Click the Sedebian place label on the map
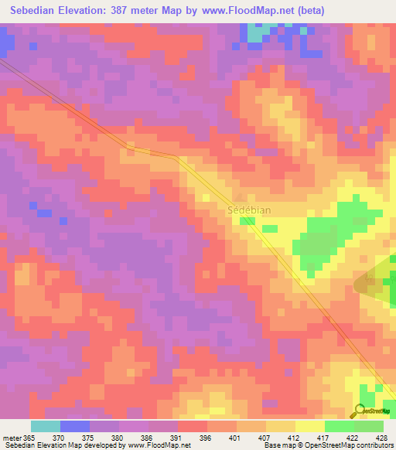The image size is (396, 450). pyautogui.click(x=248, y=210)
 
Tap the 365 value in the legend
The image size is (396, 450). pyautogui.click(x=29, y=437)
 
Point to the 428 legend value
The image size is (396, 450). pyautogui.click(x=383, y=437)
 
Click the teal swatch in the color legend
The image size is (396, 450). pyautogui.click(x=46, y=426)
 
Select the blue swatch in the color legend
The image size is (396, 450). pyautogui.click(x=75, y=426)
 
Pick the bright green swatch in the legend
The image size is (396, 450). pyautogui.click(x=340, y=426)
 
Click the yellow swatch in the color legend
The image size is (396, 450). pyautogui.click(x=310, y=426)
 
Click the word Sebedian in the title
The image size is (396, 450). pyautogui.click(x=36, y=10)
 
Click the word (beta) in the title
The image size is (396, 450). pyautogui.click(x=319, y=10)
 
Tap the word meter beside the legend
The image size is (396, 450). pyautogui.click(x=13, y=437)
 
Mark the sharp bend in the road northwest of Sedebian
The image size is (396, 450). pyautogui.click(x=179, y=158)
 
